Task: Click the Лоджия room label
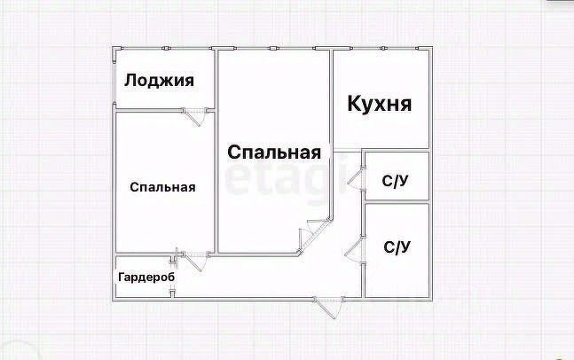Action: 159,81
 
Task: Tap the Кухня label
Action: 379,103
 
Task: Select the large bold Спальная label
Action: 274,153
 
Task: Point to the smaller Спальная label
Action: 162,187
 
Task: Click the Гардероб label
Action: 146,278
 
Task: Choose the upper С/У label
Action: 396,181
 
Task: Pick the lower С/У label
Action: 397,247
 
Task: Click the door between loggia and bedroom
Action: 194,115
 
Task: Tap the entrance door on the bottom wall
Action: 329,307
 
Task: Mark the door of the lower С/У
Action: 355,249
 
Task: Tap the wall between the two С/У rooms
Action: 397,201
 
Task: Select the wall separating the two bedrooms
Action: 216,151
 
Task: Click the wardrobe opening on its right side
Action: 172,277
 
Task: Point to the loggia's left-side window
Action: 114,79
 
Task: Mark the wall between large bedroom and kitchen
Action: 331,98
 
